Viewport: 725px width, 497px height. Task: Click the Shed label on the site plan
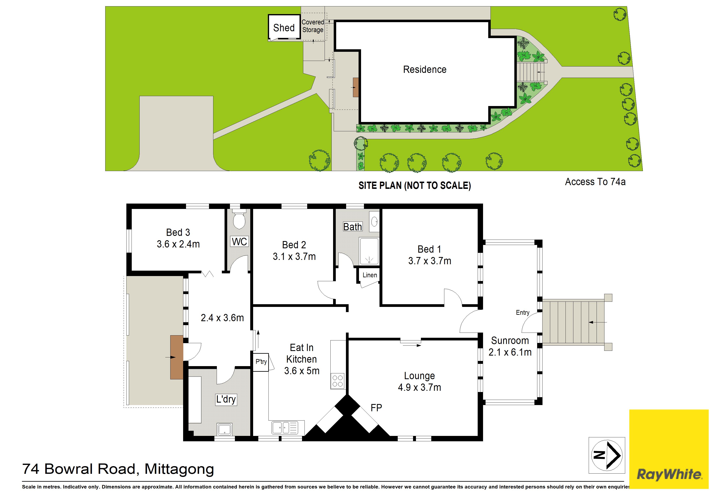coord(284,28)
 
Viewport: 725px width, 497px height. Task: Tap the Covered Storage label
coord(313,26)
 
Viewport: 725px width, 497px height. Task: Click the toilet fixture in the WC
coord(239,219)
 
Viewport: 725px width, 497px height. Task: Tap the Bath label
coord(353,227)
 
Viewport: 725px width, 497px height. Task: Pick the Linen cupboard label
coord(370,275)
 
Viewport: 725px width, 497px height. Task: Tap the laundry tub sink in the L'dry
coord(224,429)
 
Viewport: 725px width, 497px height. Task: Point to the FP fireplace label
coord(376,408)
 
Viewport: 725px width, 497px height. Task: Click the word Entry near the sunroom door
coord(523,312)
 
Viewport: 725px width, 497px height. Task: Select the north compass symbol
coord(607,455)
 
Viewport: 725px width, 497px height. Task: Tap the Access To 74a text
coord(595,182)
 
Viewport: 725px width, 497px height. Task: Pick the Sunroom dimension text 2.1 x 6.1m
coord(510,352)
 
